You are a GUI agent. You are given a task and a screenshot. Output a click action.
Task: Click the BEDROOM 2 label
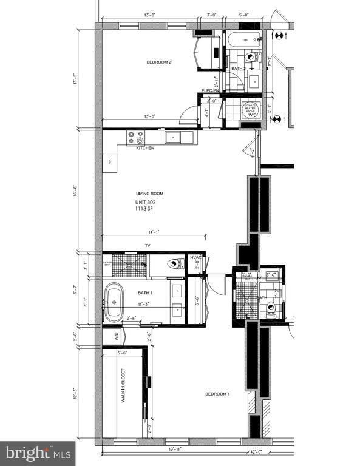[160, 62]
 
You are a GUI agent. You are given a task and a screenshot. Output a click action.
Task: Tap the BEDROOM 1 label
[217, 394]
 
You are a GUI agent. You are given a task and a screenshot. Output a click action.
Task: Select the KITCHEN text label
[145, 148]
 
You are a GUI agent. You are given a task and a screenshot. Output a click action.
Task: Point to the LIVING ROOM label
[149, 194]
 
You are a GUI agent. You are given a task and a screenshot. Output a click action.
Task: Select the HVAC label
[195, 258]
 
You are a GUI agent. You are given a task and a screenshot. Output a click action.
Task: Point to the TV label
[147, 246]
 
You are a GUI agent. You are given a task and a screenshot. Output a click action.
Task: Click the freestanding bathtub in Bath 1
[114, 302]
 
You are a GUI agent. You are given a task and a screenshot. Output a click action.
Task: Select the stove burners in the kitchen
[135, 137]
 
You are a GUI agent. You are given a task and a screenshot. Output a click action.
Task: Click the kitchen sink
[175, 137]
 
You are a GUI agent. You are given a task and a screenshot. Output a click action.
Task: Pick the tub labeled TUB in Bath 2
[244, 42]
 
